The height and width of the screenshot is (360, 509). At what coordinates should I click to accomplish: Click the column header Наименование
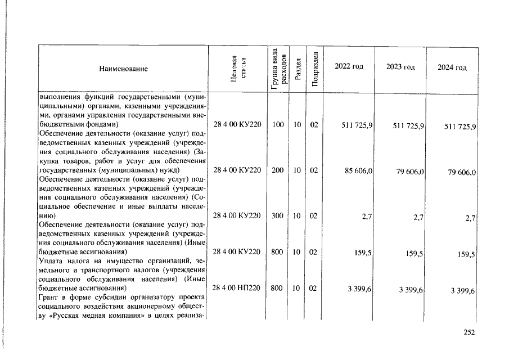pyautogui.click(x=123, y=69)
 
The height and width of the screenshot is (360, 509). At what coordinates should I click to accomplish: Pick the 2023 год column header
pyautogui.click(x=400, y=67)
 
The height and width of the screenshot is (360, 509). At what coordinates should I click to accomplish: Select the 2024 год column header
pyautogui.click(x=452, y=67)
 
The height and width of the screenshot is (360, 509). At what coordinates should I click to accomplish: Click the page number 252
pyautogui.click(x=469, y=332)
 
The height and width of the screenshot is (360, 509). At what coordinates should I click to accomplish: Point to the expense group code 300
pyautogui.click(x=277, y=215)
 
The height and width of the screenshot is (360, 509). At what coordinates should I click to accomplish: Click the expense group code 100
pyautogui.click(x=277, y=124)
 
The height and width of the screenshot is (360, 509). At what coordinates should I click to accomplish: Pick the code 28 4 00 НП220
pyautogui.click(x=237, y=288)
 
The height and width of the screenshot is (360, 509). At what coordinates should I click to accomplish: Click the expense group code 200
pyautogui.click(x=277, y=170)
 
